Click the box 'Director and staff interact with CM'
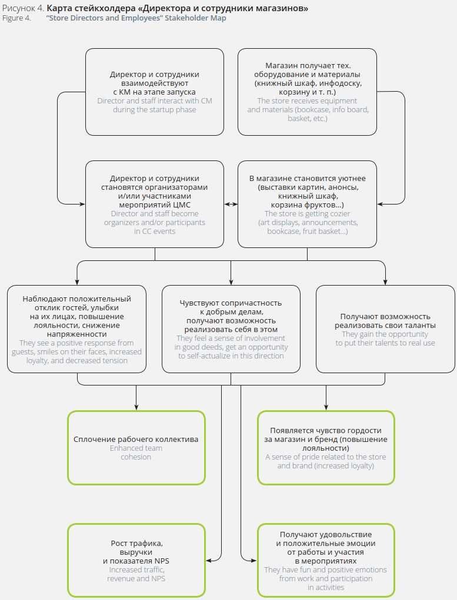click(x=155, y=92)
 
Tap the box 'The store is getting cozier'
click(x=308, y=204)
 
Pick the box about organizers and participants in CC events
click(x=155, y=204)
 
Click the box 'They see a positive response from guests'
click(x=77, y=329)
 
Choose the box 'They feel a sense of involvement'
click(x=231, y=329)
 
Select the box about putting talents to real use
click(x=385, y=329)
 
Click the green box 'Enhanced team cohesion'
click(x=136, y=447)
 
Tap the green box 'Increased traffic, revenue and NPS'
click(x=136, y=561)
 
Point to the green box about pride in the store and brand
click(x=326, y=447)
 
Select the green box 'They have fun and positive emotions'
click(x=326, y=561)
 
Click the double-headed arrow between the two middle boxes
click(x=231, y=205)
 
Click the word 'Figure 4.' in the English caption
click(x=16, y=18)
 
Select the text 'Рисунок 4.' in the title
click(x=23, y=8)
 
